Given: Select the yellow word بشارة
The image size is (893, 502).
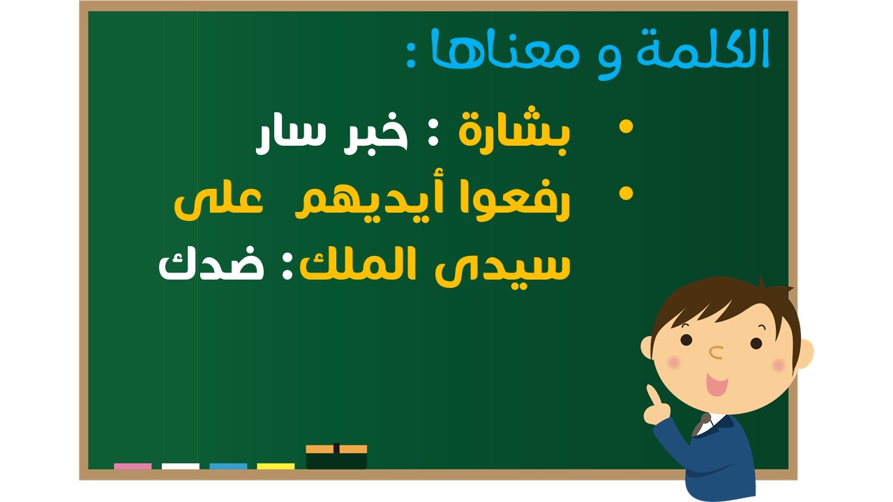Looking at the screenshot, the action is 515,130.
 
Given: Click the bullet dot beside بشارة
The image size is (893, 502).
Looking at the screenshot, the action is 626,127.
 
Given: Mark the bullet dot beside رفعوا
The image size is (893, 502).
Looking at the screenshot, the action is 626,194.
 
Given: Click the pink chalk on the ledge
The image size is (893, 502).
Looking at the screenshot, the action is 133,466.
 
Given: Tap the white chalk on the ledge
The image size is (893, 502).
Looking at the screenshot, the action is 181,466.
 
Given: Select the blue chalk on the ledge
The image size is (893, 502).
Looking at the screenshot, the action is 228,466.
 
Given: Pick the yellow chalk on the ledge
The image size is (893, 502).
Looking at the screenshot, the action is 276,466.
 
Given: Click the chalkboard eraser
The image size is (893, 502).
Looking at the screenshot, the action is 336,457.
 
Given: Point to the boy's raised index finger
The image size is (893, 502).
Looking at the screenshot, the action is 652,395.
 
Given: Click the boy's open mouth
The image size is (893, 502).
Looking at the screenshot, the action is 716,384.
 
